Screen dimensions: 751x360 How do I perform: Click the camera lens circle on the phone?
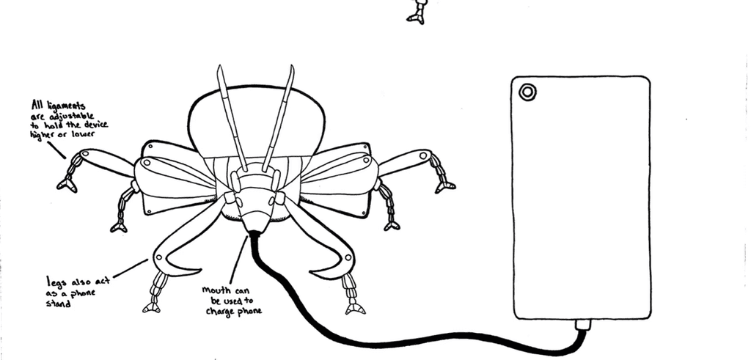click(527, 92)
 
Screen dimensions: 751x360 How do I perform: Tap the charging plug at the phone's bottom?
click(582, 326)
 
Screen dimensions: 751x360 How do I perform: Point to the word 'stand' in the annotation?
click(59, 303)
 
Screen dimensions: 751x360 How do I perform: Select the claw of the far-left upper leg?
click(67, 184)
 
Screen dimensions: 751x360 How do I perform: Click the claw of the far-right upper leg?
click(445, 187)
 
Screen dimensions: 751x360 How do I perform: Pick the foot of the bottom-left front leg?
click(152, 308)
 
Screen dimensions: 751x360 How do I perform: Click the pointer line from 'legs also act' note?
click(131, 268)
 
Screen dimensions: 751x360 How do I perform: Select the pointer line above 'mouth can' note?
click(238, 260)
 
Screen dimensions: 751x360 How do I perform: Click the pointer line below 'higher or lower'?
click(57, 149)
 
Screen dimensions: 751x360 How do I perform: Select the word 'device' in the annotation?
click(94, 124)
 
